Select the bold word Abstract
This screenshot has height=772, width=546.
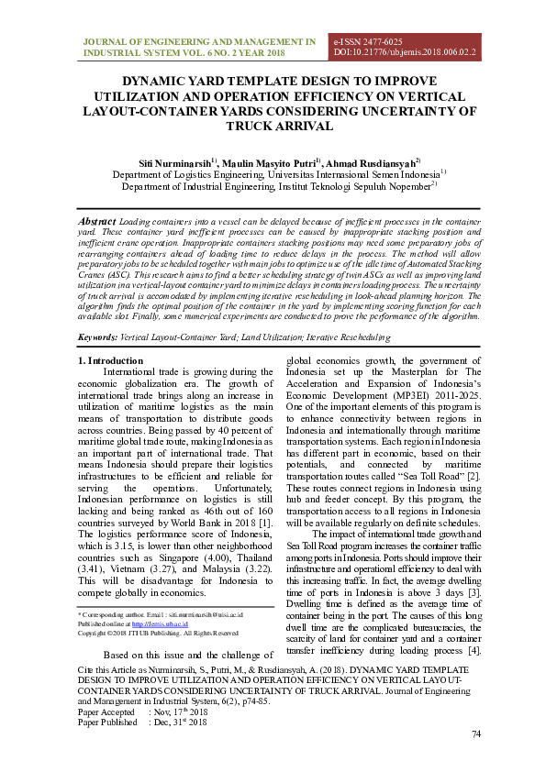point(97,222)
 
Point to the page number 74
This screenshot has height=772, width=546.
point(475,734)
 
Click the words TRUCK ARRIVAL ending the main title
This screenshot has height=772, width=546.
point(274,126)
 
